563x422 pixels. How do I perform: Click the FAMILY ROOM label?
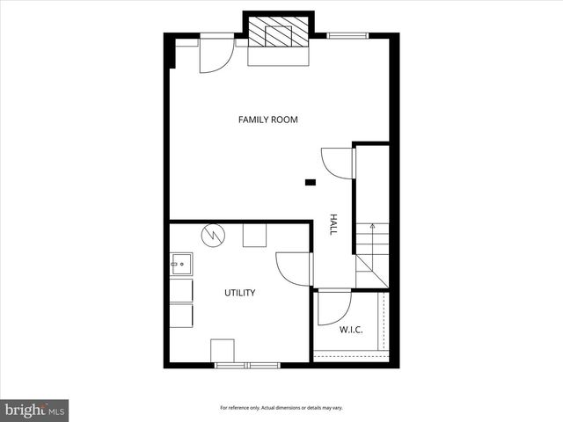click(x=268, y=120)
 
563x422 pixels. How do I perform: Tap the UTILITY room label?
click(x=239, y=293)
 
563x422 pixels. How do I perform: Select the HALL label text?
click(x=333, y=223)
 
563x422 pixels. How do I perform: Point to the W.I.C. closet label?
click(x=351, y=330)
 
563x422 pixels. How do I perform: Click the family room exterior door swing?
click(x=215, y=55)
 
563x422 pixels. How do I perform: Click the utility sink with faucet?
click(x=182, y=263)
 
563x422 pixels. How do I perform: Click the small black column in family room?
click(x=310, y=183)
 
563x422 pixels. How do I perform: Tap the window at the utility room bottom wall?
click(x=246, y=364)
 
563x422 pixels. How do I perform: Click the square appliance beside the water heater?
click(x=255, y=236)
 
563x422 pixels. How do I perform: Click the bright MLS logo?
click(x=35, y=409)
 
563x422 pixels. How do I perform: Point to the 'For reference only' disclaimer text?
click(x=281, y=408)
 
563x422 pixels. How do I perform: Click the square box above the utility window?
click(x=223, y=350)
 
